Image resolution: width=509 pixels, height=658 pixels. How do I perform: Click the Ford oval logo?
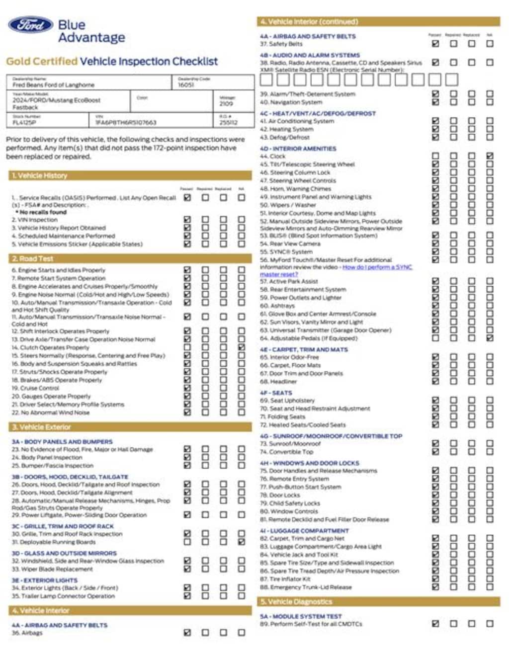(30, 25)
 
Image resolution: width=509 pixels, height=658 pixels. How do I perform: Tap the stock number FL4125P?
(24, 122)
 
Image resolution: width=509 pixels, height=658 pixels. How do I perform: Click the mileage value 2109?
(227, 104)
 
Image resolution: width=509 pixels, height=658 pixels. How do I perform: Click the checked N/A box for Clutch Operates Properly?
(242, 347)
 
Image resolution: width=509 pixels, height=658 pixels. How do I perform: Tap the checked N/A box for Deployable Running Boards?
(242, 542)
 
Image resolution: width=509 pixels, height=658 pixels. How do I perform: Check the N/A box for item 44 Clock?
(490, 156)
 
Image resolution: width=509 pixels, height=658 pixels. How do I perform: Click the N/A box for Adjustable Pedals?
(490, 338)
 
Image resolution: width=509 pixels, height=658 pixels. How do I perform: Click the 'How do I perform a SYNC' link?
(377, 267)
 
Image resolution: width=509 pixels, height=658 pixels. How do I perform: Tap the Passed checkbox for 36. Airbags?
(187, 633)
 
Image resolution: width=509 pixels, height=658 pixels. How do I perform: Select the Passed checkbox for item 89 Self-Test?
(435, 624)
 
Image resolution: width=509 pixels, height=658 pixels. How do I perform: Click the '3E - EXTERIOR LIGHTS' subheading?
(44, 580)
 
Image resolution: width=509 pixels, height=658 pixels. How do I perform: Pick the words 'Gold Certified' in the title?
(42, 62)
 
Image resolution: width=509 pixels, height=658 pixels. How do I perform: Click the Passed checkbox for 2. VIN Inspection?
(187, 220)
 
